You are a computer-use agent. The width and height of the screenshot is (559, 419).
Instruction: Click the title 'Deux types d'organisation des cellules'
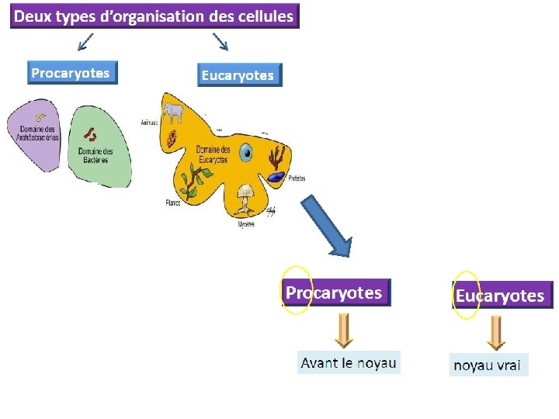click(x=155, y=16)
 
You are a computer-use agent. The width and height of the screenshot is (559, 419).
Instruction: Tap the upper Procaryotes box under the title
click(x=71, y=73)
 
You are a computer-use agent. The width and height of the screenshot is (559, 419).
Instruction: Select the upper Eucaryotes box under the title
click(x=238, y=74)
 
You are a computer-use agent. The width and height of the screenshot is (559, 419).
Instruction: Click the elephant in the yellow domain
click(x=173, y=114)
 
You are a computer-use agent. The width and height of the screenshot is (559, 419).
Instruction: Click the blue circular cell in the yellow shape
click(x=246, y=153)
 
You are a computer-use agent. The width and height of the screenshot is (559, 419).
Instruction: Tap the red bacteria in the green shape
click(x=90, y=135)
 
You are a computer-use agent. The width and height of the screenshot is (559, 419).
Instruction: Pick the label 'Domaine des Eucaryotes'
click(x=212, y=154)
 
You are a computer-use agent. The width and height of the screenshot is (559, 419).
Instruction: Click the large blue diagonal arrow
click(x=326, y=224)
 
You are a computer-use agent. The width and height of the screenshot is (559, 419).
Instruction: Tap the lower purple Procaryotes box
click(x=335, y=293)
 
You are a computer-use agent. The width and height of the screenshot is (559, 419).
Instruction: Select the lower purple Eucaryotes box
click(x=501, y=296)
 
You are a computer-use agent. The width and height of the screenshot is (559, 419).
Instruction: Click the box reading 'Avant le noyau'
click(x=349, y=362)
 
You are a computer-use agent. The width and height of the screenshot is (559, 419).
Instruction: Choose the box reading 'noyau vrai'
click(x=488, y=365)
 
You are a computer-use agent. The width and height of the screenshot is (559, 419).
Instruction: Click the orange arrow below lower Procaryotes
click(x=344, y=330)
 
